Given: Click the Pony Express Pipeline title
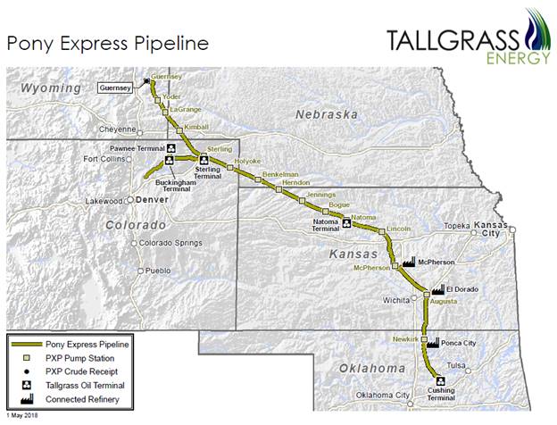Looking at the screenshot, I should [x=107, y=42].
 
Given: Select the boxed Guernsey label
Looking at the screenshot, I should [x=114, y=87].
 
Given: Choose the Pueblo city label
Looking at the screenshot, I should [x=157, y=270].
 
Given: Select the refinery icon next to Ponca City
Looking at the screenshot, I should [x=433, y=342].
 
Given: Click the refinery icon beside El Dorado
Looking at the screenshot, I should [x=437, y=289].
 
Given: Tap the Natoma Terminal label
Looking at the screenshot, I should [x=324, y=228].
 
